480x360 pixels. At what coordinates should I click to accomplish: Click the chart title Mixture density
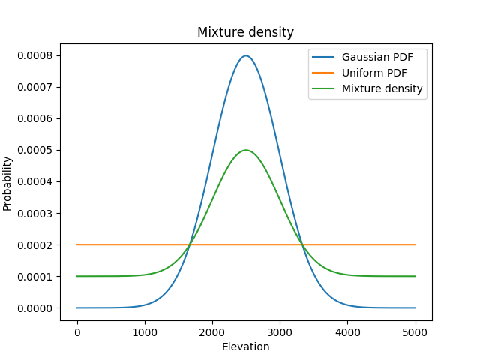coord(245,32)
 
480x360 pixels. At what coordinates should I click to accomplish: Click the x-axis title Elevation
coord(245,346)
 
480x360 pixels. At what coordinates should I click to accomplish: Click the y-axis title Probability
coord(8,183)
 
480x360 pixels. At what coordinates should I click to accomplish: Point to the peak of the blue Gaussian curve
coord(246,55)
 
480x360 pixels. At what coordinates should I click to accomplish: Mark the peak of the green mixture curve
coord(246,150)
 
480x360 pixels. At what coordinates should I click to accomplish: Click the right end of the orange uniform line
coord(415,244)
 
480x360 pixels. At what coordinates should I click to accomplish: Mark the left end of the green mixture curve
coord(77,276)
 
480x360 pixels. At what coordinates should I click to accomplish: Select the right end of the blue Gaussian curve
coord(415,307)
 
